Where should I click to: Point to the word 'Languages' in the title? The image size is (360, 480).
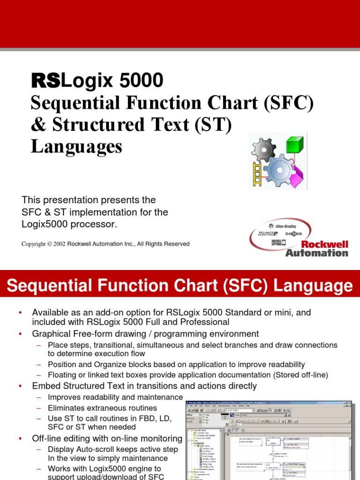click(x=76, y=146)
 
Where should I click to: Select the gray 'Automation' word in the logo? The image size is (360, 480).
click(x=317, y=253)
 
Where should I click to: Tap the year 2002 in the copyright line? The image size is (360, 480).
click(x=60, y=244)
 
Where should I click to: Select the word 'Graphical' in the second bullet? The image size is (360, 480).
click(x=50, y=334)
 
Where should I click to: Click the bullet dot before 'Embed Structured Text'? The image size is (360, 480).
click(x=20, y=386)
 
